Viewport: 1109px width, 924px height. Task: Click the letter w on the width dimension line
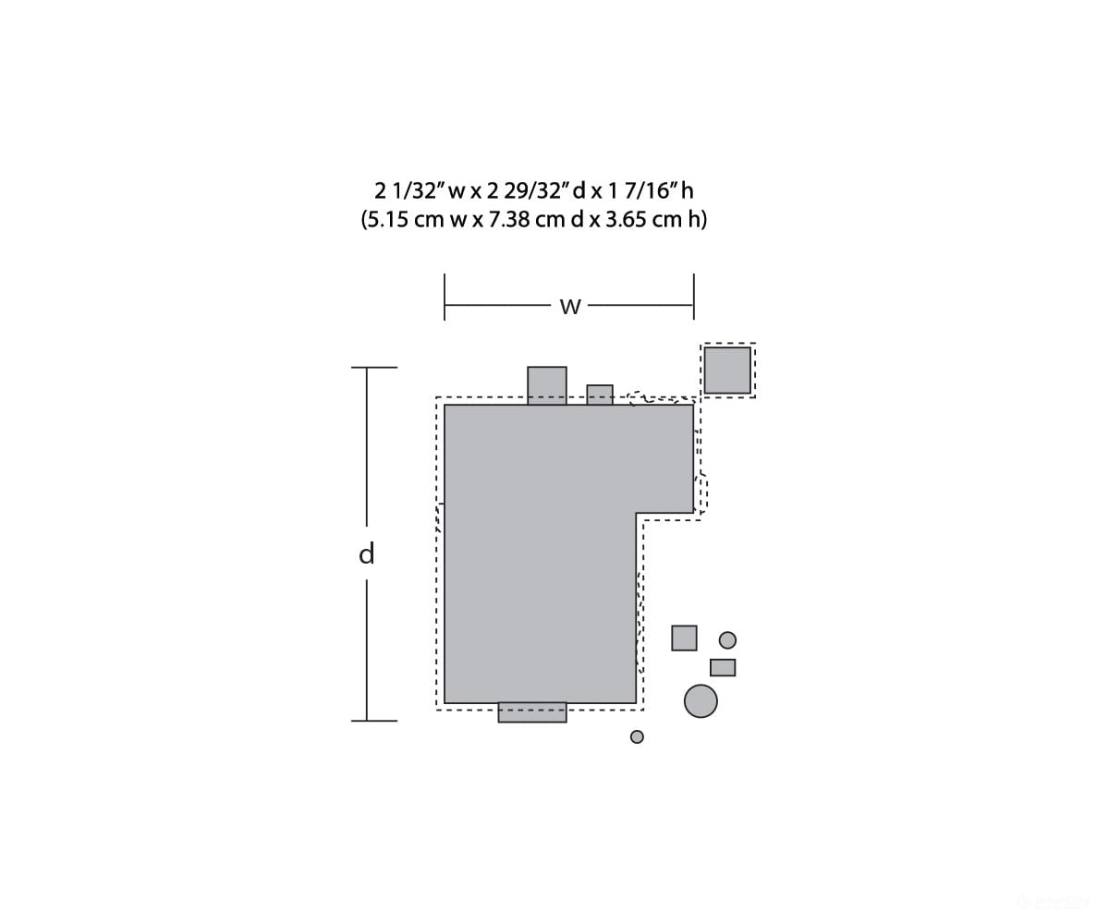(570, 307)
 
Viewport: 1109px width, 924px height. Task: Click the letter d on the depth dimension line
(367, 553)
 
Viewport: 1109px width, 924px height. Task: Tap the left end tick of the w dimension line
(445, 297)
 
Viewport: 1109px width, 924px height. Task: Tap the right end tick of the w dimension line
(694, 297)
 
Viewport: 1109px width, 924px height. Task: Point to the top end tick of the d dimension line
(374, 368)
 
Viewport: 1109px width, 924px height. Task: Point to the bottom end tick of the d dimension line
(374, 721)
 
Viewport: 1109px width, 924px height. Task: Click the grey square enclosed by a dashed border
(727, 371)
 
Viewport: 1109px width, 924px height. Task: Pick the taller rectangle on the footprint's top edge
(547, 385)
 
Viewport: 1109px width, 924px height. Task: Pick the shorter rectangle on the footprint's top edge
(600, 395)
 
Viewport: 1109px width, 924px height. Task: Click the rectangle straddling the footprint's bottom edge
(532, 712)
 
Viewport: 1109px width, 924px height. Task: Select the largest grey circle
(701, 701)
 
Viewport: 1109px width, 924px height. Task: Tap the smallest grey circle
(637, 736)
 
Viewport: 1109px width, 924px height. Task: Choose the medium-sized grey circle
(727, 640)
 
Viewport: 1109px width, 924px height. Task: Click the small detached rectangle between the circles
(723, 667)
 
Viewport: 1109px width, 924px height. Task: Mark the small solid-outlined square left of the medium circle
(684, 638)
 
